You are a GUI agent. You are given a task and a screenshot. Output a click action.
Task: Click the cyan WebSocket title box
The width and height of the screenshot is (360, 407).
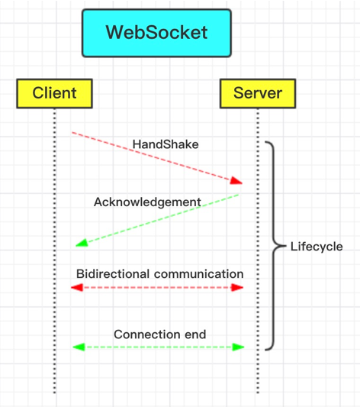coord(156,33)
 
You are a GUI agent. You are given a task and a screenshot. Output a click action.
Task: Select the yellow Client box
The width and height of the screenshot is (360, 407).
coord(54,93)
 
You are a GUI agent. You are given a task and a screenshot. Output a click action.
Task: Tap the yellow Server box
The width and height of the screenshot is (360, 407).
coord(258,93)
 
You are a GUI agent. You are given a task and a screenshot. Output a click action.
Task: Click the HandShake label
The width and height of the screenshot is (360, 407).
coord(166,144)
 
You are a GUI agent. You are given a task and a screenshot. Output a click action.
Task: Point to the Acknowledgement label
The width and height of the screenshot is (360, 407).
coord(147,202)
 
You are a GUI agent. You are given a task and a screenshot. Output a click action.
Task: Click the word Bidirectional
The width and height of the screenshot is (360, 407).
coord(113,274)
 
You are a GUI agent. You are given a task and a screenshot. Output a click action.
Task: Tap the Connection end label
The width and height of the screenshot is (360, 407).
coord(160,334)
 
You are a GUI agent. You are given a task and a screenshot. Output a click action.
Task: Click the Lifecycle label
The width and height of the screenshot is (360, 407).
coord(317,247)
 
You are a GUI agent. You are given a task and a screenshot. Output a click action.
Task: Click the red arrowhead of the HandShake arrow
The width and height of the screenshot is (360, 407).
coord(236,181)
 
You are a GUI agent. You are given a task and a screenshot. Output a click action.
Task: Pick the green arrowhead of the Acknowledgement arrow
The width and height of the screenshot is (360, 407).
coord(82,243)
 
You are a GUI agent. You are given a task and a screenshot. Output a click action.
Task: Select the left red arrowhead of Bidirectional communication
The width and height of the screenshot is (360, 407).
coord(77,287)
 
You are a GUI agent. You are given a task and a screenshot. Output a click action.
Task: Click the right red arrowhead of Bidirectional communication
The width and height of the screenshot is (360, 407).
coord(237,287)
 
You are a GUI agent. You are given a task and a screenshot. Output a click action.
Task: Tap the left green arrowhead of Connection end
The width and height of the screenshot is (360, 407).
coord(79,347)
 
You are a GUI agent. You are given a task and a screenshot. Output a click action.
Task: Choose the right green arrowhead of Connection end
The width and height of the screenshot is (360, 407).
coord(238,347)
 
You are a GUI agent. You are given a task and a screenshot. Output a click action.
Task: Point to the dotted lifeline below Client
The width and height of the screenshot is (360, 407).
coord(54,250)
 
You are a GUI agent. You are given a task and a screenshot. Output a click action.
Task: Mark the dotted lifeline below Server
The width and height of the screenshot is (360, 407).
coord(258,250)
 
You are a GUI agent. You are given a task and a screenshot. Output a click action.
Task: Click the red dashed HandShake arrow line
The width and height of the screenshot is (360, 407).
coord(157,158)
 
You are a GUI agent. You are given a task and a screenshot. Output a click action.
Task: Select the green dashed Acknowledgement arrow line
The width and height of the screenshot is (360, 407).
coord(157,220)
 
